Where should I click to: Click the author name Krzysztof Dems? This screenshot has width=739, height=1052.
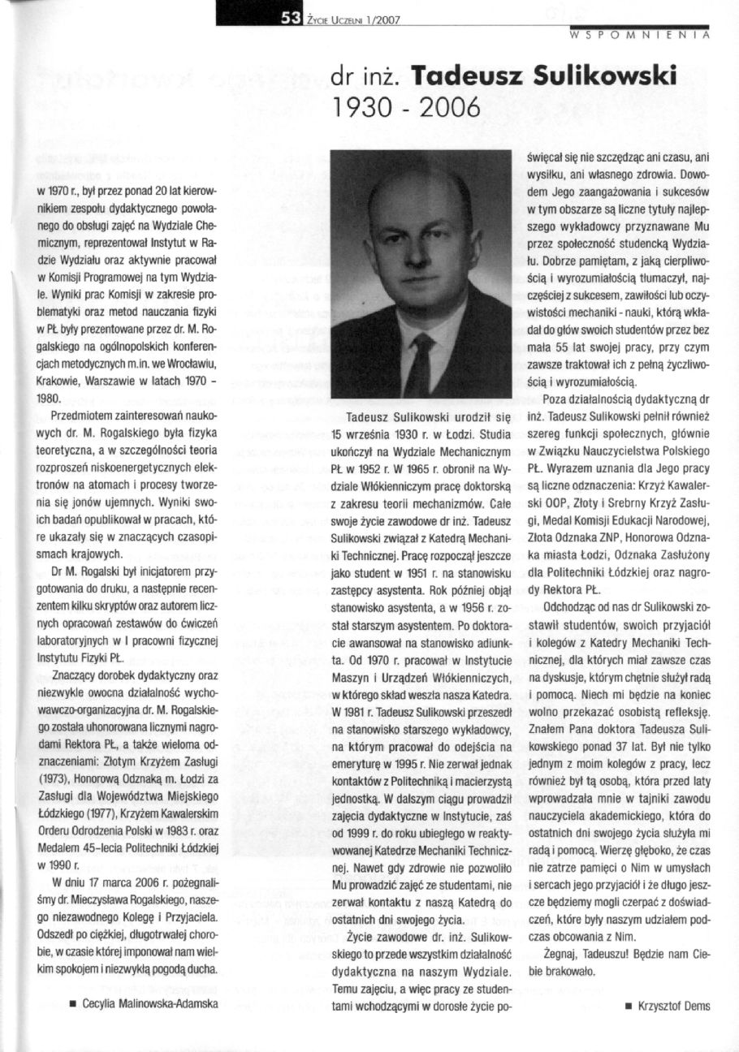[x=674, y=1006]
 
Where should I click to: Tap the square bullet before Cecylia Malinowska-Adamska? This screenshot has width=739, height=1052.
[x=74, y=1004]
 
